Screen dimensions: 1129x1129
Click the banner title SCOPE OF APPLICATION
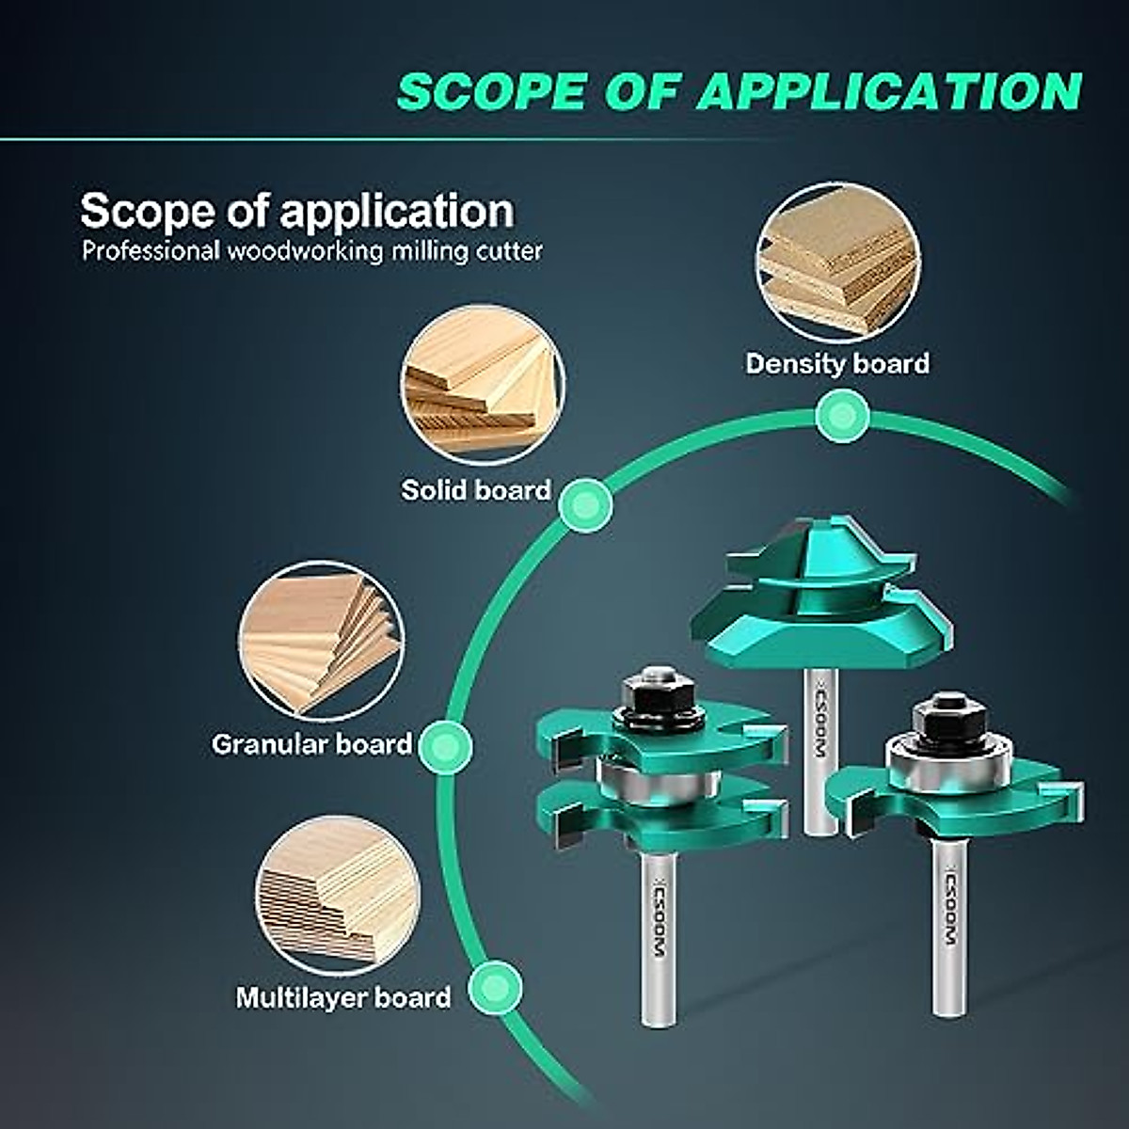pyautogui.click(x=739, y=91)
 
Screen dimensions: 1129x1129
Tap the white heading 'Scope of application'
pyautogui.click(x=297, y=211)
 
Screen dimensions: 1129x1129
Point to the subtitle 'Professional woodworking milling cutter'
pyautogui.click(x=311, y=251)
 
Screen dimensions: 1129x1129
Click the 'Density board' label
pyautogui.click(x=837, y=363)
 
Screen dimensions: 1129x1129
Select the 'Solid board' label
pyautogui.click(x=476, y=489)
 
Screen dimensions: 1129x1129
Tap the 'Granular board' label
pyautogui.click(x=311, y=744)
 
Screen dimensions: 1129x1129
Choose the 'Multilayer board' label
pyautogui.click(x=343, y=997)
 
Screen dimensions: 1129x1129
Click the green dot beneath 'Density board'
pyautogui.click(x=841, y=416)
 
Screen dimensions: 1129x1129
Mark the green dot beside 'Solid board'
pyautogui.click(x=585, y=506)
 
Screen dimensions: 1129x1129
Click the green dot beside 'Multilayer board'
pyautogui.click(x=495, y=987)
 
